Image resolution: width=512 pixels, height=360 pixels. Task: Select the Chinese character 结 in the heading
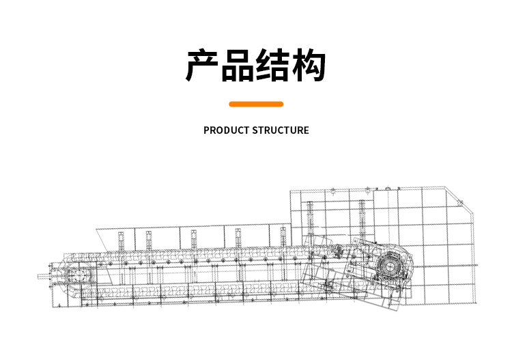point(273,66)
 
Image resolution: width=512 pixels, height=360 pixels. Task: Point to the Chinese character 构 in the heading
point(309,66)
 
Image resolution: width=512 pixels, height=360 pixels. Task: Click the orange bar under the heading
point(256,104)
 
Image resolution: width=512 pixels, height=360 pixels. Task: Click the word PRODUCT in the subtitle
point(226,130)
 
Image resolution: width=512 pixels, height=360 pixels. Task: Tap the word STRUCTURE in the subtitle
point(281,130)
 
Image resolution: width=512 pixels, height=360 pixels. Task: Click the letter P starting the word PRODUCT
point(206,130)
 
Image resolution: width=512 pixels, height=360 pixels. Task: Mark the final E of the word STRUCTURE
point(306,130)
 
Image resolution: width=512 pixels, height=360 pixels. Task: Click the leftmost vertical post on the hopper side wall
point(122,243)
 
